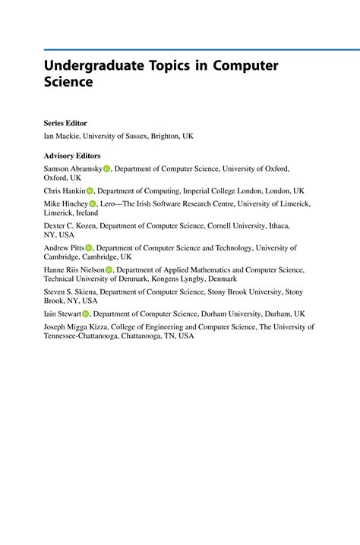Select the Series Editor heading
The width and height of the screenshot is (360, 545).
[65, 123]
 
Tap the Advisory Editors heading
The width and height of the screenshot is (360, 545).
[72, 156]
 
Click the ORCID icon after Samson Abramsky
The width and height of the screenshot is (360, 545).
[107, 169]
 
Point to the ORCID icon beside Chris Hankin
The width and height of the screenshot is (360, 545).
[90, 191]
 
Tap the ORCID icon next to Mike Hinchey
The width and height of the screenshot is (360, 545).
[93, 204]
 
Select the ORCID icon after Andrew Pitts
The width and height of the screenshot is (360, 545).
[88, 248]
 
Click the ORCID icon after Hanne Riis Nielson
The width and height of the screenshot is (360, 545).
[109, 270]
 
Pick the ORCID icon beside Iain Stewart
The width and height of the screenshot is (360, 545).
[86, 313]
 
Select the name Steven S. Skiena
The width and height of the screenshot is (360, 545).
[71, 291]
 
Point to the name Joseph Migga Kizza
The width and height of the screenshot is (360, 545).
[79, 327]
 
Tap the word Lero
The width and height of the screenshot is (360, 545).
[109, 204]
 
